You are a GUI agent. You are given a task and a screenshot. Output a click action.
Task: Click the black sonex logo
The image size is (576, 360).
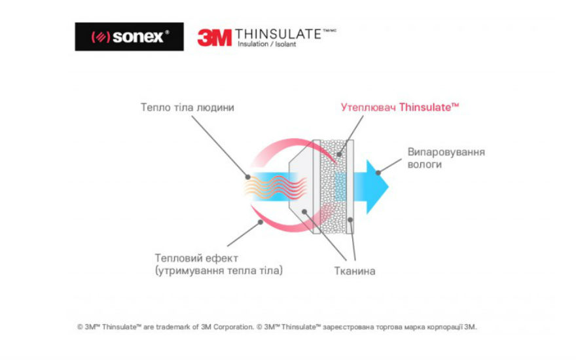[130, 37]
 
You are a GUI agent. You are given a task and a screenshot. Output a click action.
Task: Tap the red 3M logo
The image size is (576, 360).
[215, 38]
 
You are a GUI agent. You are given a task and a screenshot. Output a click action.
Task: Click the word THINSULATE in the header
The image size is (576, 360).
[278, 34]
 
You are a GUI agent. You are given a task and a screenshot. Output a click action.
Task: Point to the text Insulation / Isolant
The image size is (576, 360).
[266, 44]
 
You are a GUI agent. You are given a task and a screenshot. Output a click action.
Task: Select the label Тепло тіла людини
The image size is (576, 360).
[187, 107]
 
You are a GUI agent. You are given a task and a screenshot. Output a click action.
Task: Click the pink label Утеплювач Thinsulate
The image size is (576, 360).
[400, 107]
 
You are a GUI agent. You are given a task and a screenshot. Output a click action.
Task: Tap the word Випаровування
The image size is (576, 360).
[446, 152]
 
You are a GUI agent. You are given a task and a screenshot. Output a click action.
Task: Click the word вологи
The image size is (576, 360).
[425, 164]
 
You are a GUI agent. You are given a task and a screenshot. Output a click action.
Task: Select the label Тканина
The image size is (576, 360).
[355, 271]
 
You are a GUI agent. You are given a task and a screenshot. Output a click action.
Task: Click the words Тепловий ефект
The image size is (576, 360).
[196, 259]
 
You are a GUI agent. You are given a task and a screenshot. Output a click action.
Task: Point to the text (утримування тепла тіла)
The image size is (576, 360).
[219, 271]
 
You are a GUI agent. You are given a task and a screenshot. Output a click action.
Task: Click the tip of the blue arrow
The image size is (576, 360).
[388, 187]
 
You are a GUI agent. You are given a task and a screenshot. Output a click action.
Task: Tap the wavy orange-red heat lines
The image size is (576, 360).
[276, 187]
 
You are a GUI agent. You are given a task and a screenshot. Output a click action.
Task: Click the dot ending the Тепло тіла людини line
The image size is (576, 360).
[248, 177]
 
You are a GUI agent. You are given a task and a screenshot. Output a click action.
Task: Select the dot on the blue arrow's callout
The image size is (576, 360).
[378, 173]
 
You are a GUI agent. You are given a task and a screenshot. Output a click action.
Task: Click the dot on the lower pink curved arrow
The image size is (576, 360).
[260, 222]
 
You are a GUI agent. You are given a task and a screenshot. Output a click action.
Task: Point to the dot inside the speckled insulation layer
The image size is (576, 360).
[340, 154]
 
